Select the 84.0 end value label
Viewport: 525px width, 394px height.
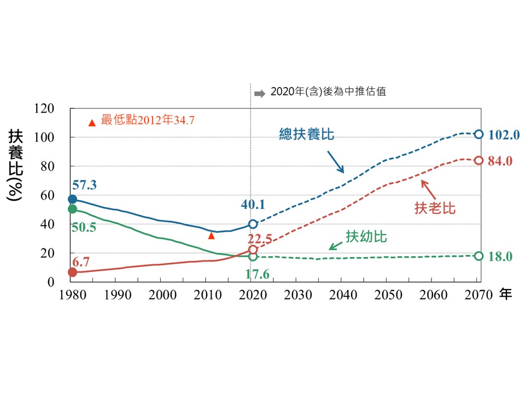click(x=500, y=161)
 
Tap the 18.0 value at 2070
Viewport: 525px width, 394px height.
click(x=500, y=257)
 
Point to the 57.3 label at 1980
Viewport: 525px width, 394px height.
click(x=84, y=185)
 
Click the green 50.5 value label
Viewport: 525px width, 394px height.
click(x=84, y=227)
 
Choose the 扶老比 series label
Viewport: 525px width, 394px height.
click(x=435, y=208)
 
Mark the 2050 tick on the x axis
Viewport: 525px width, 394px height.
click(x=386, y=295)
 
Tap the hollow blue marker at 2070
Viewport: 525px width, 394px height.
click(x=479, y=134)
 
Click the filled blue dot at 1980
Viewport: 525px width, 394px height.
click(x=72, y=199)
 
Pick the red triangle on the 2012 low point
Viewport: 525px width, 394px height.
click(x=211, y=235)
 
